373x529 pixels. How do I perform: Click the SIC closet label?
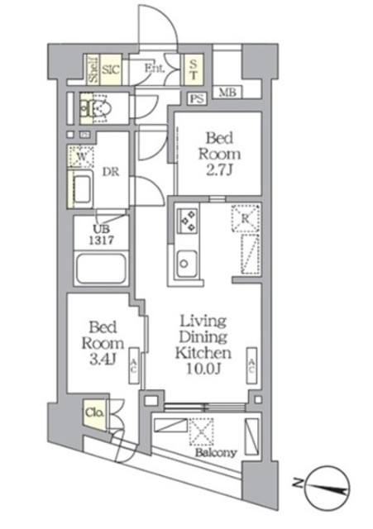[112, 70]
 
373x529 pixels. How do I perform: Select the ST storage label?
[193, 67]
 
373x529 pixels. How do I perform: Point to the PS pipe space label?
[197, 99]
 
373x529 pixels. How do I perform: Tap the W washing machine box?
[83, 156]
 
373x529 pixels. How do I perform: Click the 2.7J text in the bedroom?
[219, 170]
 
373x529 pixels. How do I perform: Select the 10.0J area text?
[206, 369]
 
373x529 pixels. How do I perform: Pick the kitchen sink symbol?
[187, 263]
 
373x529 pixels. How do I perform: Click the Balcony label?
[218, 452]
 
